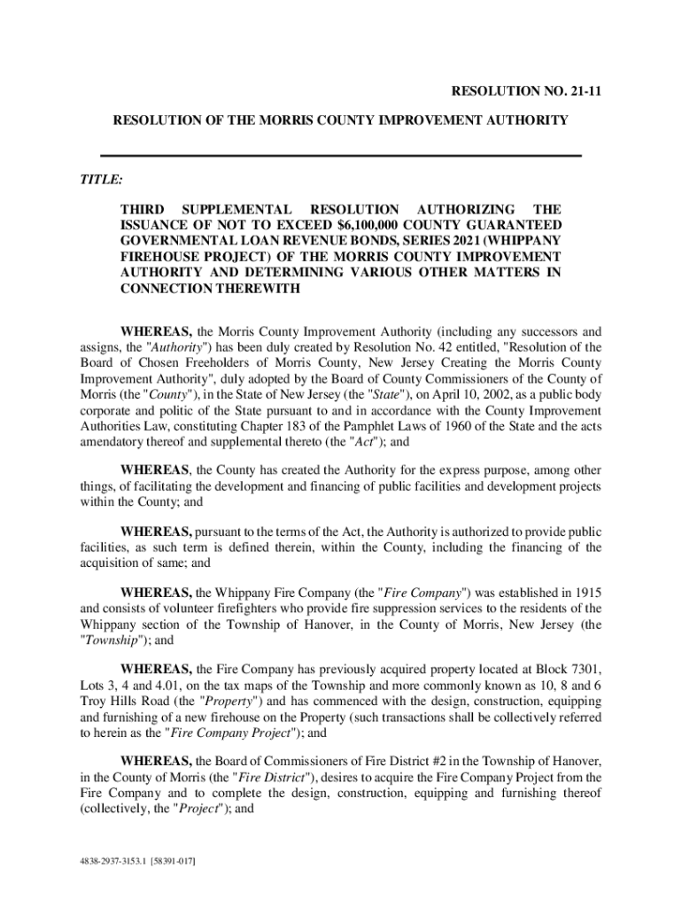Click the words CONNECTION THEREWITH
(x=210, y=289)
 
